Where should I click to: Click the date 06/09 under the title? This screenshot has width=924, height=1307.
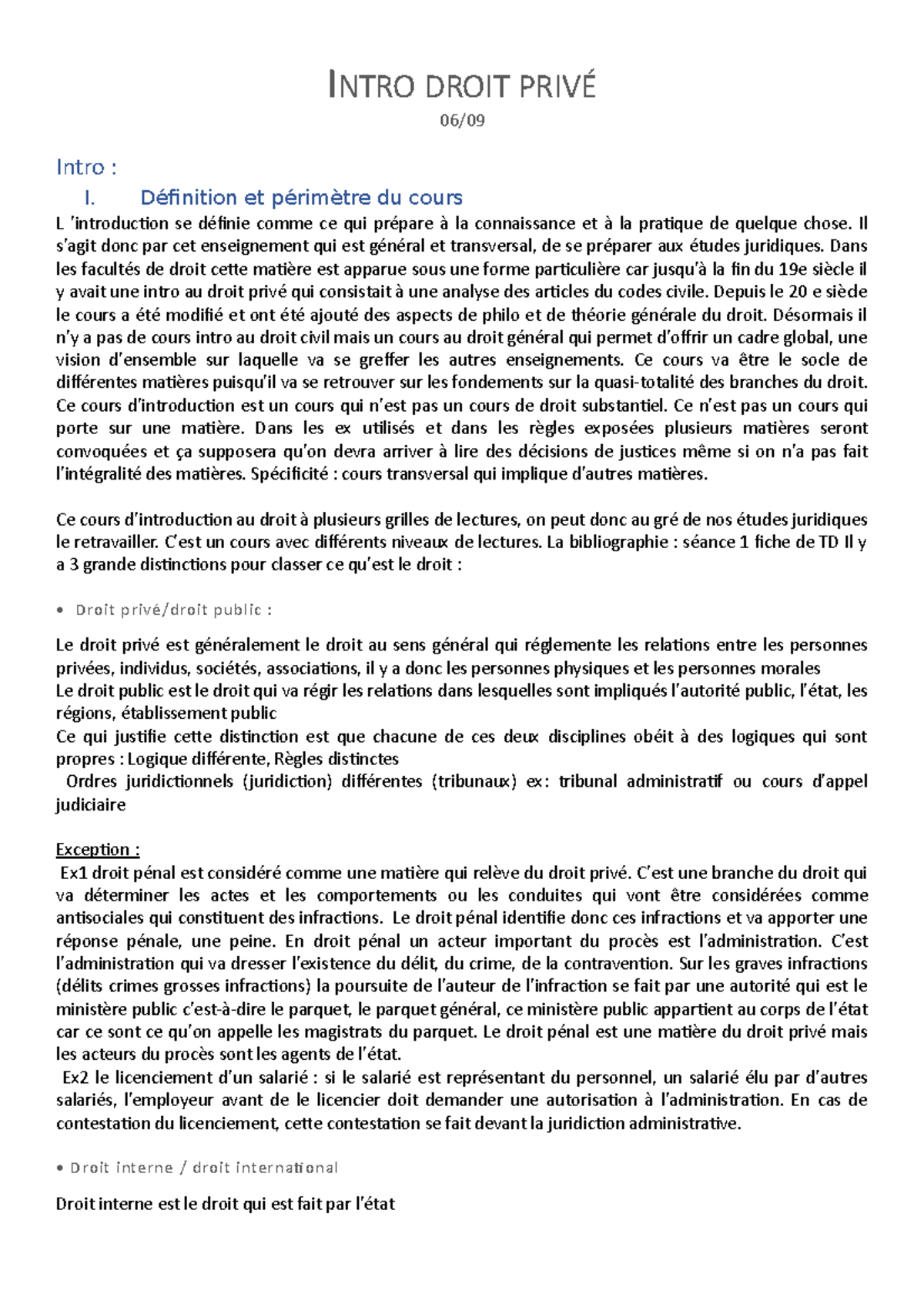[x=462, y=120]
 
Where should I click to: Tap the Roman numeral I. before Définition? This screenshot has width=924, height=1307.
[x=90, y=198]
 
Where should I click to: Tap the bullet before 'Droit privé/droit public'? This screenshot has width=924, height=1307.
[x=61, y=610]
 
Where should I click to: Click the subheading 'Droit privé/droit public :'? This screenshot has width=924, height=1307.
[x=173, y=610]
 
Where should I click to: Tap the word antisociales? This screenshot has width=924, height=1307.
[x=100, y=918]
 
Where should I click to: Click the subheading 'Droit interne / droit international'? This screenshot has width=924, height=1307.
[x=204, y=1168]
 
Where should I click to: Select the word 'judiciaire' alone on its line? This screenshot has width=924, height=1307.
[x=91, y=805]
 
